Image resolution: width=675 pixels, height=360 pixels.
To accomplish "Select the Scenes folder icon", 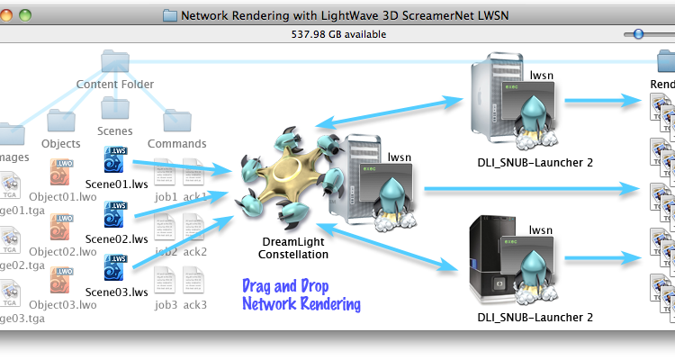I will point(116,108).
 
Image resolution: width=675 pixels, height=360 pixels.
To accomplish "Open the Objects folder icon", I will point(61,120).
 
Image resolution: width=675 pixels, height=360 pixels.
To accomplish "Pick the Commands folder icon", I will point(176,120).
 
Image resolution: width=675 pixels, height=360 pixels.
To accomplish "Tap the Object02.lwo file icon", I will point(61,226).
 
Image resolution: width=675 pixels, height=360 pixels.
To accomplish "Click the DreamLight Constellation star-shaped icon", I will point(288,185).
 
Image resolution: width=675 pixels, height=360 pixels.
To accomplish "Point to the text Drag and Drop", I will point(287,287).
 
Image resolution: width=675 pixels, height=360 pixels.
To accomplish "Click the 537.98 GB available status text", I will point(337,34).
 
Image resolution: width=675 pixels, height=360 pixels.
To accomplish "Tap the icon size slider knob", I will point(638,34).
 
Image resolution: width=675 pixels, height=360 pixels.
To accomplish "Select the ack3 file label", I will point(194,305).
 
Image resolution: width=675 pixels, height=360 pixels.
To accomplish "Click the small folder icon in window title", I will point(171,14).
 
